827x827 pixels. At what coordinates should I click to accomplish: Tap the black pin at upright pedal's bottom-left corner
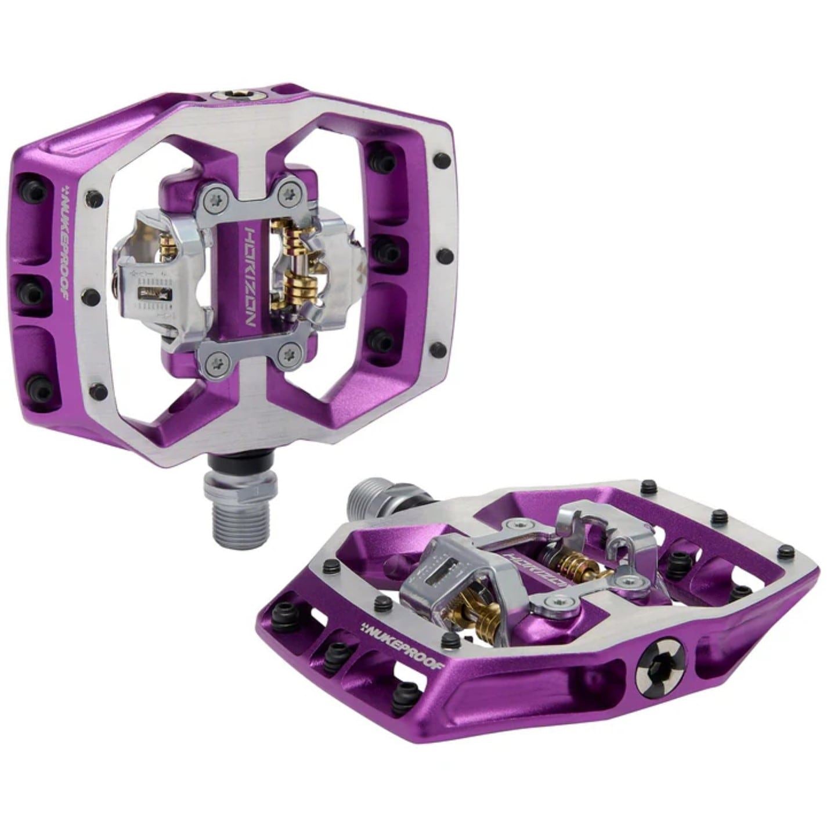tap(100, 391)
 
